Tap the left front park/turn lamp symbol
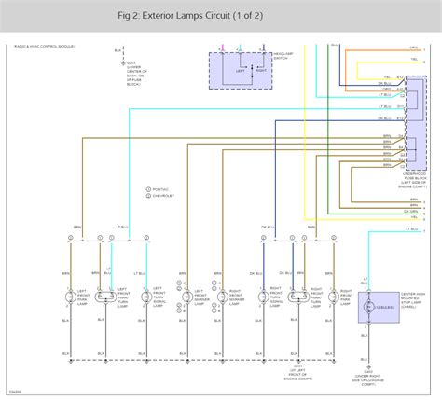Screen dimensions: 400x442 (106, 297)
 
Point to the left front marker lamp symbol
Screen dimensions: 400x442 (186, 297)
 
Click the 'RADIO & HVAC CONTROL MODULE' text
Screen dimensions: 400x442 (44, 46)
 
